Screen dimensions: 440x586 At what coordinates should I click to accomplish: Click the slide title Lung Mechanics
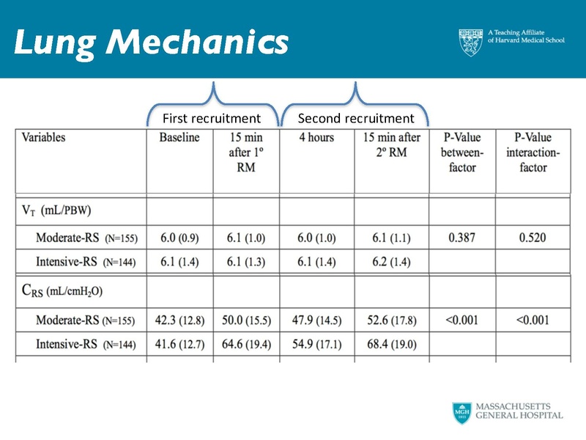[150, 43]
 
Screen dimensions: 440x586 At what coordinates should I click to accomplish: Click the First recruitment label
[211, 118]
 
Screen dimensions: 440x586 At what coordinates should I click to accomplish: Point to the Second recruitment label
[356, 118]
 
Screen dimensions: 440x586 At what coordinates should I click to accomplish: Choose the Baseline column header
[179, 138]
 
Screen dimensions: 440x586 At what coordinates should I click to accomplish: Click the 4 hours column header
[316, 138]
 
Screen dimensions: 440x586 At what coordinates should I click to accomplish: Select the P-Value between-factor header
[461, 153]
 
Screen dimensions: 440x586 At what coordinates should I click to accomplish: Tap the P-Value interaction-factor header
[533, 153]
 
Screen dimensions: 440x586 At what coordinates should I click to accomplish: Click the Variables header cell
[43, 137]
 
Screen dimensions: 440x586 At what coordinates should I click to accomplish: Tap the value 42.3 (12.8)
[179, 320]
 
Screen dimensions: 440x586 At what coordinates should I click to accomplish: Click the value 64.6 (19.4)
[246, 344]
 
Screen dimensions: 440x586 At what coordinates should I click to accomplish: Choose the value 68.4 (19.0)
[390, 344]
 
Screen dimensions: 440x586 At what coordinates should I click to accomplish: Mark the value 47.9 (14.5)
[316, 320]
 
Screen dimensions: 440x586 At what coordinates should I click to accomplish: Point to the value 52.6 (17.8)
[390, 320]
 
